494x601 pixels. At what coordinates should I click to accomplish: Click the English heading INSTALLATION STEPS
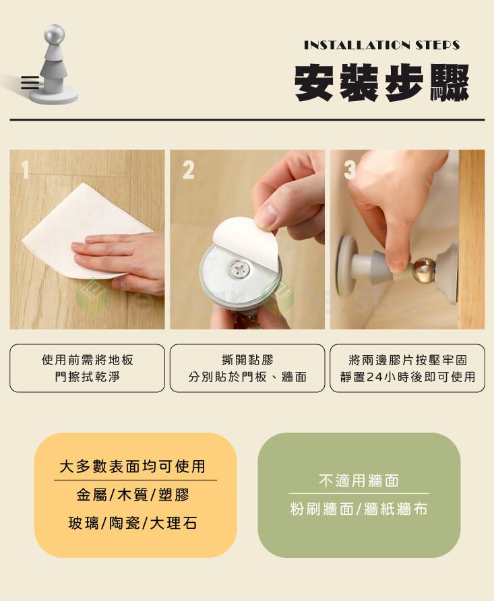tap(381, 45)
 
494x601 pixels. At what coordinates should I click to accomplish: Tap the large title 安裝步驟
tap(381, 82)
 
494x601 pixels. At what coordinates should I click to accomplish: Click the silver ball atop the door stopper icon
tap(55, 34)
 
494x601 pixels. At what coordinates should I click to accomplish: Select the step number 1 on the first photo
tap(25, 169)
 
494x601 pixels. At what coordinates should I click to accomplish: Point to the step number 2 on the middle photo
tap(188, 170)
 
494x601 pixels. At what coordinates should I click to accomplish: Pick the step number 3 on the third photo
tap(350, 170)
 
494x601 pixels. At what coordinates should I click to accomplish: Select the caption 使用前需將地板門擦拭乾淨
tap(88, 369)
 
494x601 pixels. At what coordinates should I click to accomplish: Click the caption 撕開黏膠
tap(247, 360)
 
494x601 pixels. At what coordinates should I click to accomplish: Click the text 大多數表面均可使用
tap(133, 466)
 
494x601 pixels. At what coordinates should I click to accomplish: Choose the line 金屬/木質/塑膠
tap(133, 495)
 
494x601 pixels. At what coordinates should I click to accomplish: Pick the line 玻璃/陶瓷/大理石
tap(133, 523)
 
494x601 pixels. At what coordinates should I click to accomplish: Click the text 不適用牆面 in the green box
tap(359, 480)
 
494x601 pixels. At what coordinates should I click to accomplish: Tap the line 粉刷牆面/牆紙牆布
tap(359, 509)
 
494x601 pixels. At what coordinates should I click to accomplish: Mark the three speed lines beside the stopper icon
tap(30, 83)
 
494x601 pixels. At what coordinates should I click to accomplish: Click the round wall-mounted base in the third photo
tap(345, 265)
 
